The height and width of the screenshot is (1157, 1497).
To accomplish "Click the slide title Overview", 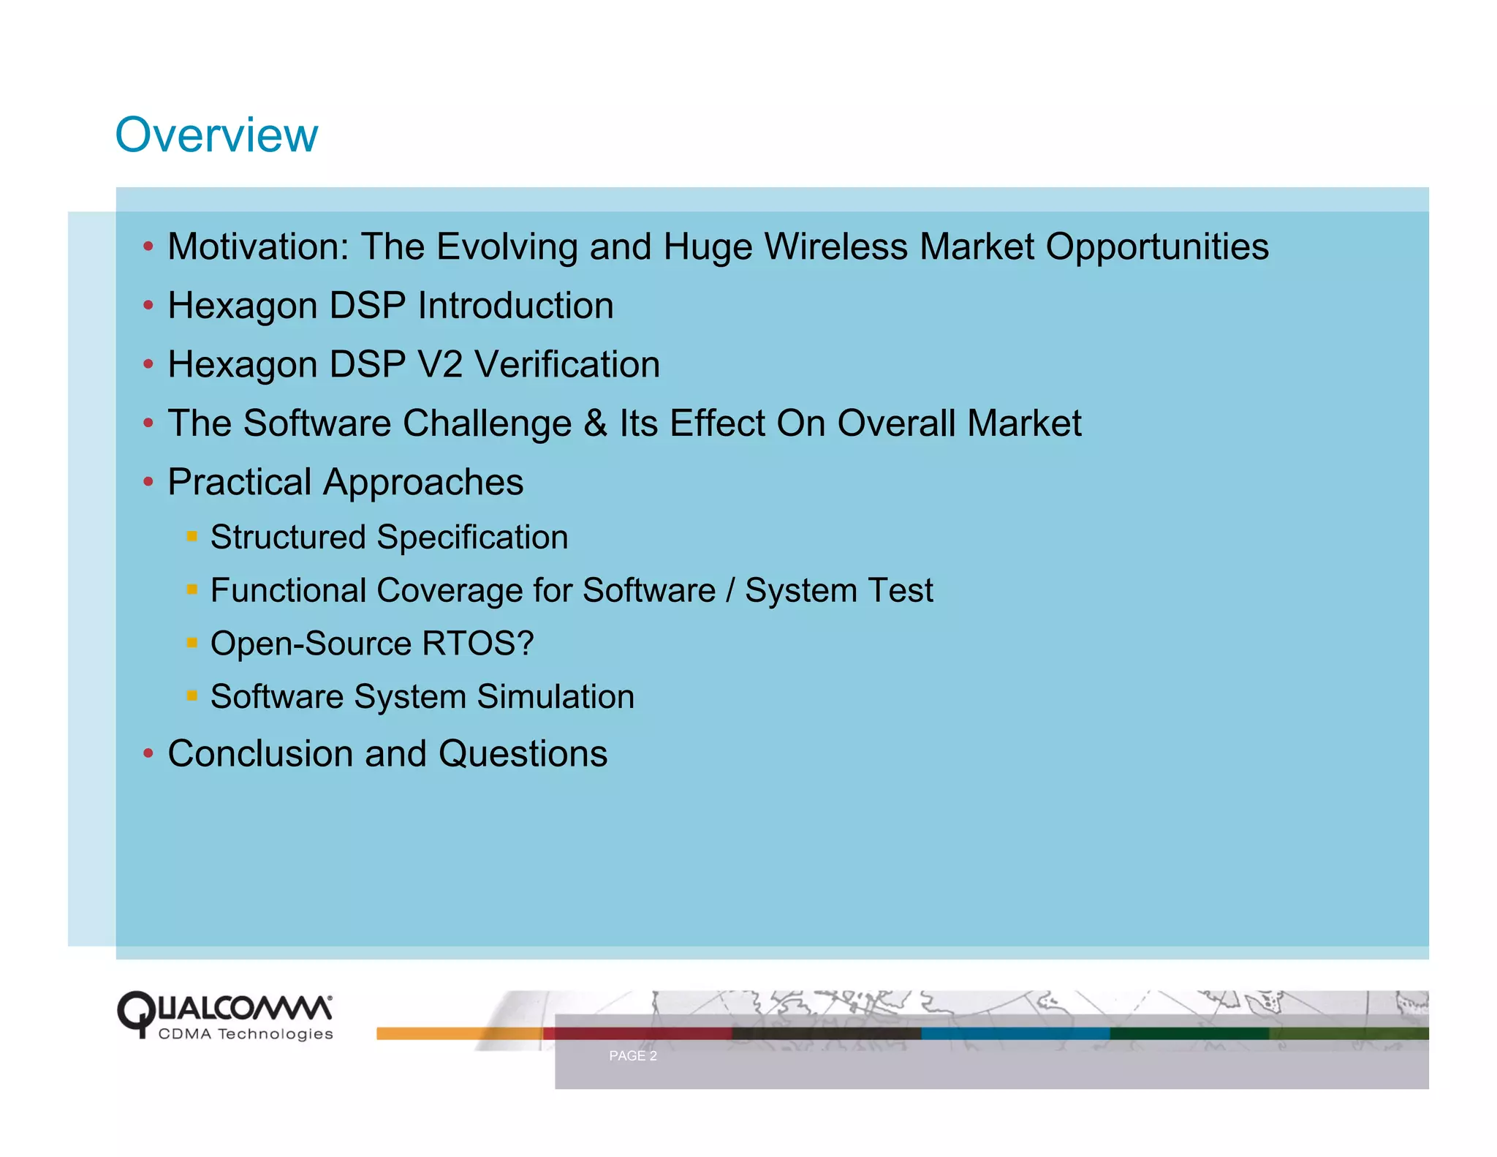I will [x=216, y=135].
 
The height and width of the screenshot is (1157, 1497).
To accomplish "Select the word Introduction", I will [x=515, y=306].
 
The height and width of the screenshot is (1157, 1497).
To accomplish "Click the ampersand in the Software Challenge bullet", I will [x=595, y=423].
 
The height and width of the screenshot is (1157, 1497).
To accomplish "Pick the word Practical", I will [x=240, y=483].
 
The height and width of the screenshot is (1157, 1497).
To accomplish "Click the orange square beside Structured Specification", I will [x=192, y=536].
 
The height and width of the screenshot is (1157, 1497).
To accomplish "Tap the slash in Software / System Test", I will [x=729, y=590].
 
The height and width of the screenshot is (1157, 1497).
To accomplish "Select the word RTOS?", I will [x=477, y=644].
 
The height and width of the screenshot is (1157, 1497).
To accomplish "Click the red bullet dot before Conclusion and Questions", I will [x=148, y=753].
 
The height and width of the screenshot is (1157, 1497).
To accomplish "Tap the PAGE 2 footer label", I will [x=632, y=1055].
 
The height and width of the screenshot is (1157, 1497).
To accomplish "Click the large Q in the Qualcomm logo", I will [x=136, y=1012].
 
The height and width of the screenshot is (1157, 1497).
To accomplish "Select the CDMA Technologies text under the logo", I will [x=246, y=1034].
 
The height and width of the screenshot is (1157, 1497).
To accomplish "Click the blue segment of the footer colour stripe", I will [x=1015, y=1033].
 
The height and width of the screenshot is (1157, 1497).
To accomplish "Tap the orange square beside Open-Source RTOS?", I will [x=192, y=643].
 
